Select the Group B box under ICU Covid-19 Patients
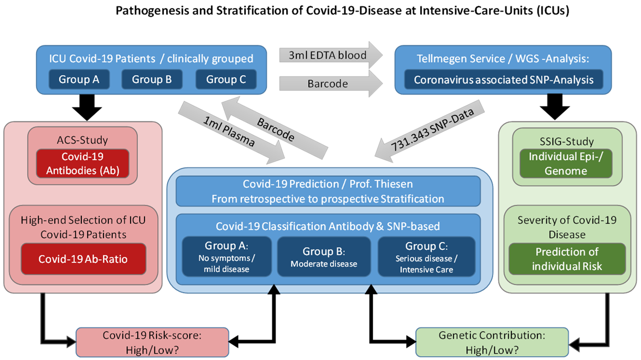[x=152, y=79]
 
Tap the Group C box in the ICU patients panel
[x=226, y=79]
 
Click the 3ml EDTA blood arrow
[x=330, y=55]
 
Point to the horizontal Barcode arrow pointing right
[x=330, y=84]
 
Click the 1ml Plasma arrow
[x=231, y=133]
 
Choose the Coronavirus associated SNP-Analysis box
[x=504, y=80]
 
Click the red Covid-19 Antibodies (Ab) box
[x=82, y=163]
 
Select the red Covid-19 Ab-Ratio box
[x=84, y=259]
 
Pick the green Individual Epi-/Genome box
[x=566, y=163]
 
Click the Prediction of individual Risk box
[x=567, y=259]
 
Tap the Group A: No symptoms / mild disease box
[x=226, y=257]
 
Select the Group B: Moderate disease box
[x=324, y=257]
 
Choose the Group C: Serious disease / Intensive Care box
[x=426, y=257]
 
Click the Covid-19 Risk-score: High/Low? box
[x=152, y=342]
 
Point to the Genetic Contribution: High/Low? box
[x=492, y=342]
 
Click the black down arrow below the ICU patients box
[x=87, y=107]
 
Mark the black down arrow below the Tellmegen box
[x=555, y=107]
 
